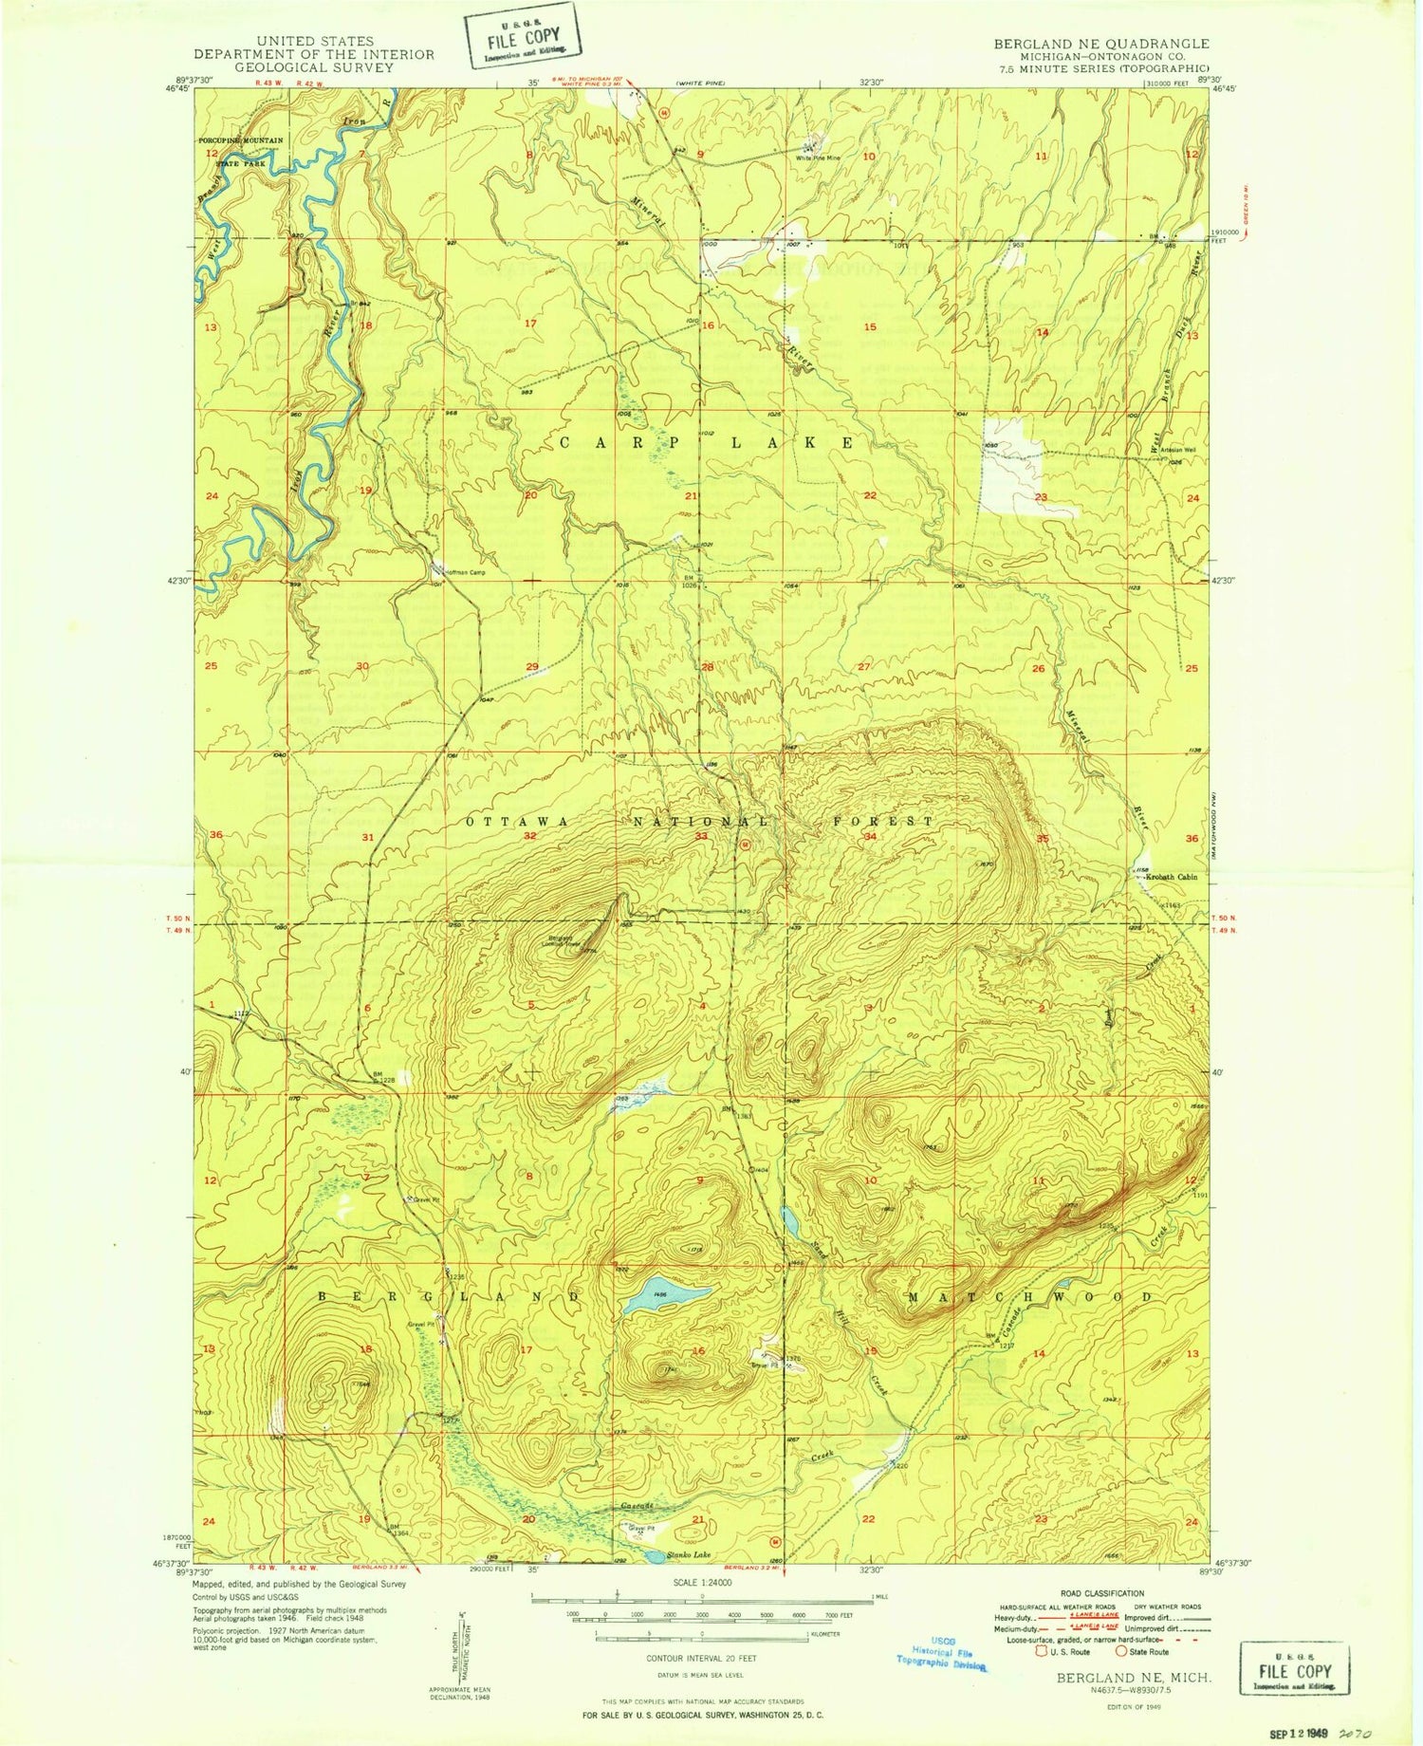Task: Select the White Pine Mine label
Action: pyautogui.click(x=820, y=158)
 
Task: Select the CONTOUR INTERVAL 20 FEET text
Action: pyautogui.click(x=701, y=1659)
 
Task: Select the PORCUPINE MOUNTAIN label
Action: pyautogui.click(x=241, y=140)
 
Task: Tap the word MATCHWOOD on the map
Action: pyautogui.click(x=1030, y=1296)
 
